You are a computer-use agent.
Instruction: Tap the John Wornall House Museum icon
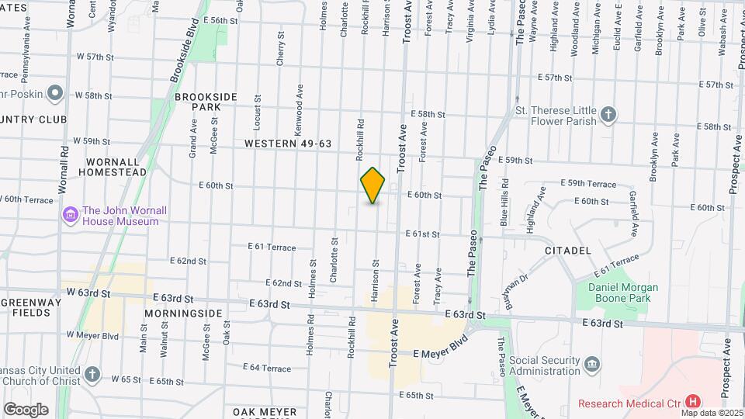click(71, 214)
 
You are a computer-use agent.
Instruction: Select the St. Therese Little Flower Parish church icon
click(609, 115)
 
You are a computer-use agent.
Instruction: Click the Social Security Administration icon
click(591, 364)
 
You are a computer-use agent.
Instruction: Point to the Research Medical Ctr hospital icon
click(693, 402)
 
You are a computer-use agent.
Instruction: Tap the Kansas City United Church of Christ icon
click(92, 376)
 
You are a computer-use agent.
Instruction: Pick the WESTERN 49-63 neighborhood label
click(288, 144)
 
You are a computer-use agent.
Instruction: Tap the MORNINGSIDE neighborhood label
click(183, 313)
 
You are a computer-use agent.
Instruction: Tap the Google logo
click(26, 409)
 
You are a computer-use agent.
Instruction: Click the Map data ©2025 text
click(712, 413)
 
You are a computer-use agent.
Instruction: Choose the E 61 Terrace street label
click(272, 247)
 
